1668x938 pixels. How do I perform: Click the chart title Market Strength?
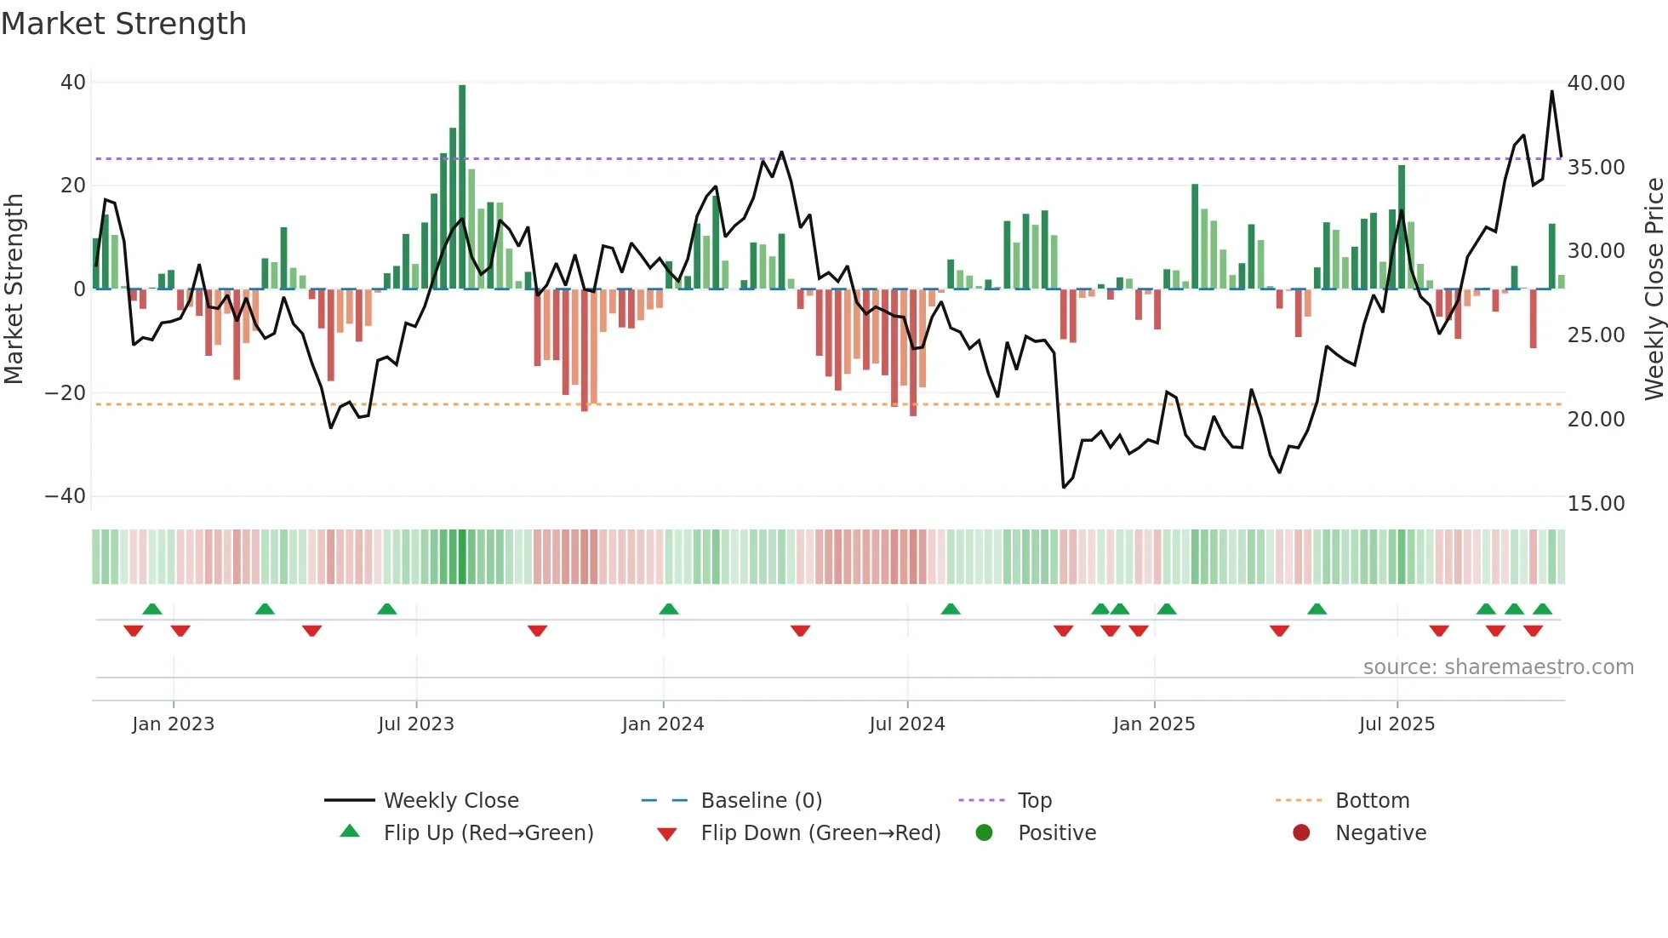pos(123,24)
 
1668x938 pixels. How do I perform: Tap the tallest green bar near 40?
pos(462,187)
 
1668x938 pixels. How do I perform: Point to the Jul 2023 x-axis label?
pos(416,724)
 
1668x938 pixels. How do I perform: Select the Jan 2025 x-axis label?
pos(1154,724)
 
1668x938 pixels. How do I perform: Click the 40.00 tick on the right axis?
pos(1597,83)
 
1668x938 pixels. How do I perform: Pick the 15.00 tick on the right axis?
pos(1597,504)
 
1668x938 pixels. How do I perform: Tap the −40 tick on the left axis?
pos(66,496)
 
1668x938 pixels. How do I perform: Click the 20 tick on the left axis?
pos(73,186)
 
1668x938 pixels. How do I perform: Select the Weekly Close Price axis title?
pos(1654,289)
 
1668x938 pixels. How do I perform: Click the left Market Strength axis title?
pos(14,289)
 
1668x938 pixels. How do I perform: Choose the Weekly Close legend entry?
pos(450,801)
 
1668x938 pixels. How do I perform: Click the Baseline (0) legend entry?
pos(761,801)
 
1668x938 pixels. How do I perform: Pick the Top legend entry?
pos(1035,801)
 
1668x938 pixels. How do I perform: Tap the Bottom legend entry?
pos(1372,801)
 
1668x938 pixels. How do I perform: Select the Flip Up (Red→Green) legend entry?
pos(488,833)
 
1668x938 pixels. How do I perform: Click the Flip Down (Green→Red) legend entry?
pos(820,833)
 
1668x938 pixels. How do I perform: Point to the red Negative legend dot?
pos(1301,832)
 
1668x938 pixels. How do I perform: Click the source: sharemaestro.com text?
pos(1498,667)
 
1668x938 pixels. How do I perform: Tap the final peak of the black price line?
pos(1551,92)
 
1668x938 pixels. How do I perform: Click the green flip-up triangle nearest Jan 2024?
pos(669,609)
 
